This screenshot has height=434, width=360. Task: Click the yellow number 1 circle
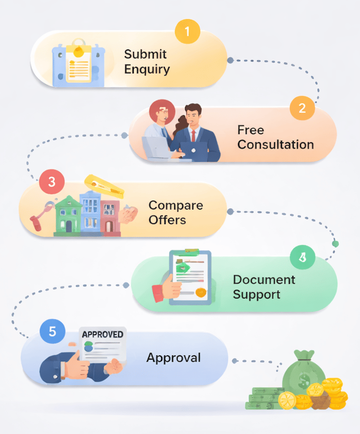(x=187, y=32)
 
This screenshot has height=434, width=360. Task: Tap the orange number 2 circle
(x=302, y=108)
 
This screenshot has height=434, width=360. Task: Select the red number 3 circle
(x=52, y=182)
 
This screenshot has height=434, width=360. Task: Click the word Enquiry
(x=147, y=69)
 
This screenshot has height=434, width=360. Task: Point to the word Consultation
(x=276, y=144)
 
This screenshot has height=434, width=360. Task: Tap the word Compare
(x=176, y=205)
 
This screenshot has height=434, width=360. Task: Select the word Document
(x=264, y=279)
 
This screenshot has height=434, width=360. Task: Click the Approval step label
(x=173, y=357)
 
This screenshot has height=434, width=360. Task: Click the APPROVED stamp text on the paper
(x=103, y=334)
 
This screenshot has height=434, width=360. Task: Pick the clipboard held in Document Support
(x=191, y=277)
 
